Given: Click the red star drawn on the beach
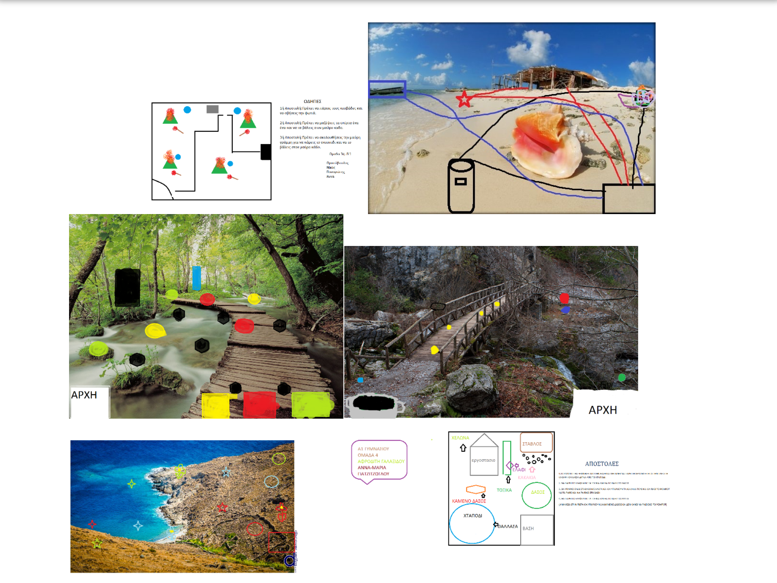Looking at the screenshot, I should pyautogui.click(x=464, y=99).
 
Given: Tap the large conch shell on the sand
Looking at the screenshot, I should pyautogui.click(x=546, y=144).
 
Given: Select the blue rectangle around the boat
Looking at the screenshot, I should pyautogui.click(x=387, y=89).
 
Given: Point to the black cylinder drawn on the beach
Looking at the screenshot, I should pyautogui.click(x=461, y=186).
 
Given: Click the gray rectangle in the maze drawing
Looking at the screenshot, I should pyautogui.click(x=212, y=109).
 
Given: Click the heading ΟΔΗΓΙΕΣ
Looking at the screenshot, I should pyautogui.click(x=312, y=101).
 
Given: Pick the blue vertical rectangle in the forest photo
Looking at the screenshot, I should pyautogui.click(x=197, y=278).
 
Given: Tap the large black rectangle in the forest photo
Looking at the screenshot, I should pyautogui.click(x=127, y=287).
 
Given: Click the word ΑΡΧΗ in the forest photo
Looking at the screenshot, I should pyautogui.click(x=84, y=395).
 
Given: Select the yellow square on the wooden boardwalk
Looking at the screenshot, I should pyautogui.click(x=215, y=405).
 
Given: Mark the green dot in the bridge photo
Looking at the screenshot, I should pyautogui.click(x=622, y=377).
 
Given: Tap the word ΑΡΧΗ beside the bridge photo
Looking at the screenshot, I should pyautogui.click(x=602, y=410).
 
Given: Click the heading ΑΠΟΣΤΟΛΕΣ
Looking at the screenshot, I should pyautogui.click(x=602, y=464).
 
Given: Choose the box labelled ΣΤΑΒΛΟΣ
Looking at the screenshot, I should pyautogui.click(x=536, y=443).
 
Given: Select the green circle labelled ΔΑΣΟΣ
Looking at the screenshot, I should pyautogui.click(x=536, y=495).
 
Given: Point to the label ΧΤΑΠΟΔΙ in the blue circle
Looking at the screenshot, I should pyautogui.click(x=473, y=516).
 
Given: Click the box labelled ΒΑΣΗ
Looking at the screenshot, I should pyautogui.click(x=536, y=529).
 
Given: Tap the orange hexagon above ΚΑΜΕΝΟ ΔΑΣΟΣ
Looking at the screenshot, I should pyautogui.click(x=476, y=489).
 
